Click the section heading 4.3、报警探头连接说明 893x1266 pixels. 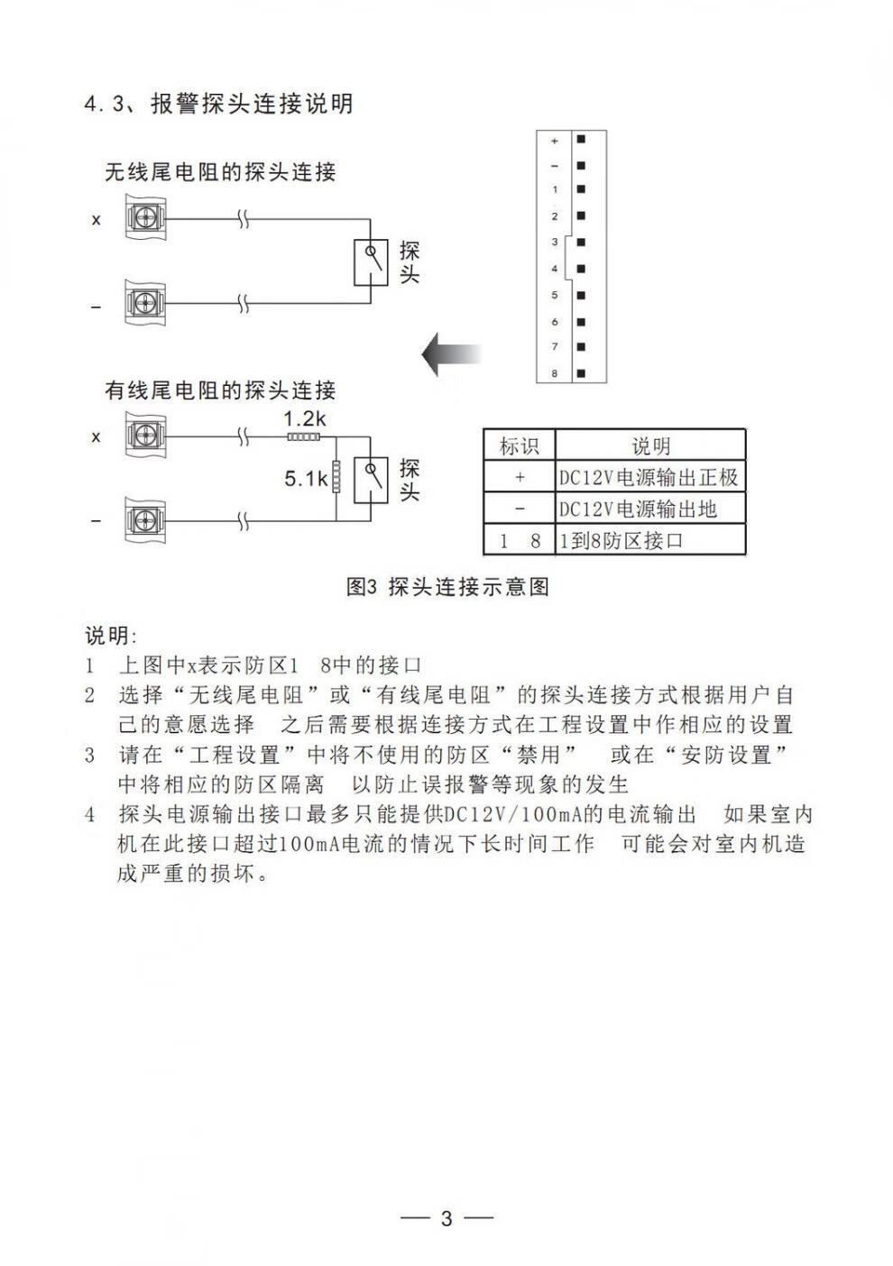(x=218, y=104)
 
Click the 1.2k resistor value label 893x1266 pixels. (x=304, y=418)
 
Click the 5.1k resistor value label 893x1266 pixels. (x=306, y=479)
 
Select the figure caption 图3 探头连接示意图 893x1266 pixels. (x=447, y=587)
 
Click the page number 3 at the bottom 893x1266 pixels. (x=446, y=1218)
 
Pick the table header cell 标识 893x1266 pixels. (x=519, y=445)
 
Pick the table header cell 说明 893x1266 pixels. (x=650, y=445)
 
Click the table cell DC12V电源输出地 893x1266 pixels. (x=637, y=509)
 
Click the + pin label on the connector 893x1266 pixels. (x=555, y=141)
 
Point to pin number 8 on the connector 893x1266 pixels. (x=555, y=372)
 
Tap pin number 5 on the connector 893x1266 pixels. (x=555, y=295)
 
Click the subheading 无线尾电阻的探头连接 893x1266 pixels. (x=220, y=171)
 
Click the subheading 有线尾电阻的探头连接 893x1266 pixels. (x=220, y=390)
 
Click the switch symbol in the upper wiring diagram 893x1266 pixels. (x=371, y=261)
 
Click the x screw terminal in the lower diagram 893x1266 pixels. (x=143, y=436)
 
